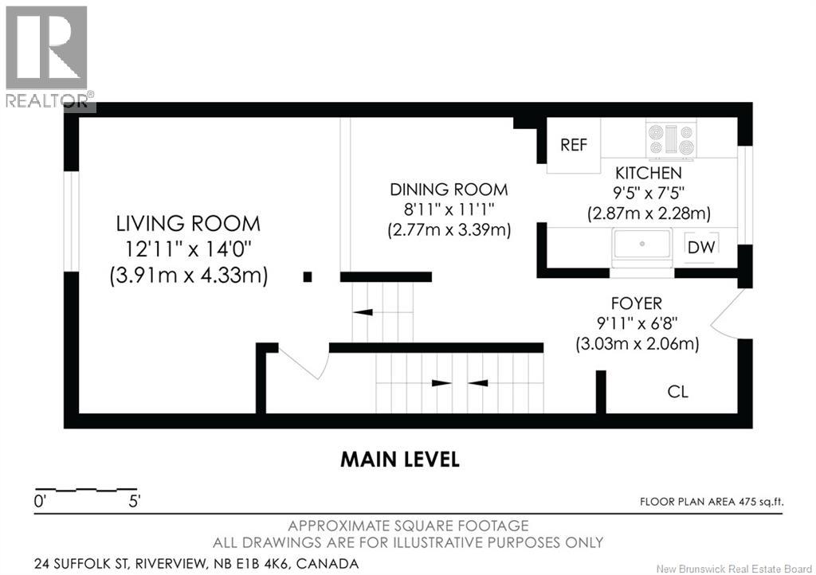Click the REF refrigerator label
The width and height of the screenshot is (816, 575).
(574, 144)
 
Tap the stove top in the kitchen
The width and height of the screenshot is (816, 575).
(671, 140)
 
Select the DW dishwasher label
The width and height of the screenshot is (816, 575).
(701, 247)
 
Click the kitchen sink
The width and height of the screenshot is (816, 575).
(642, 244)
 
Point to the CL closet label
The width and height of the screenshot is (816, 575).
(677, 392)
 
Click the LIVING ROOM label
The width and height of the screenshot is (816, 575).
(188, 224)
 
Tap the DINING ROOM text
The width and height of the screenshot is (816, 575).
(449, 190)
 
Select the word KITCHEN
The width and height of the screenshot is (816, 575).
(649, 173)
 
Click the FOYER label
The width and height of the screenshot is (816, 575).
(637, 303)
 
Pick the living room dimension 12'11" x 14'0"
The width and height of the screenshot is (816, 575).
(188, 249)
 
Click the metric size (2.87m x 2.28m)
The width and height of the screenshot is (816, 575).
(649, 213)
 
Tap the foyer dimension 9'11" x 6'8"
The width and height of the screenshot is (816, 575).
(637, 323)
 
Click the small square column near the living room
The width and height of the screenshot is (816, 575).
(308, 277)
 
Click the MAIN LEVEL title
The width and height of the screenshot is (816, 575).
(400, 460)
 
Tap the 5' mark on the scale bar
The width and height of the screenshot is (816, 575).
(135, 502)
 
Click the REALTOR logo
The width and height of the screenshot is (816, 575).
(49, 57)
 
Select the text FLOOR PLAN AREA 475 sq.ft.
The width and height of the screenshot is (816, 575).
(712, 502)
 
